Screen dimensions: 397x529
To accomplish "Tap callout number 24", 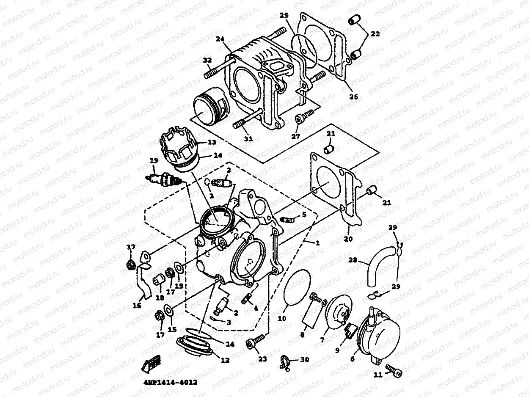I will [219, 39].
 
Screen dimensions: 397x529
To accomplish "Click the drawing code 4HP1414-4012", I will [168, 382].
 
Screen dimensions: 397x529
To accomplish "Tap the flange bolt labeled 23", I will [256, 342].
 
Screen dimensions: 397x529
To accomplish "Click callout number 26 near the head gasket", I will [354, 96].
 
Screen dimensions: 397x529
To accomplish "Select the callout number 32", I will [207, 61].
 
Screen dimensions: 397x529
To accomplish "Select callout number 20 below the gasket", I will [348, 238].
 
